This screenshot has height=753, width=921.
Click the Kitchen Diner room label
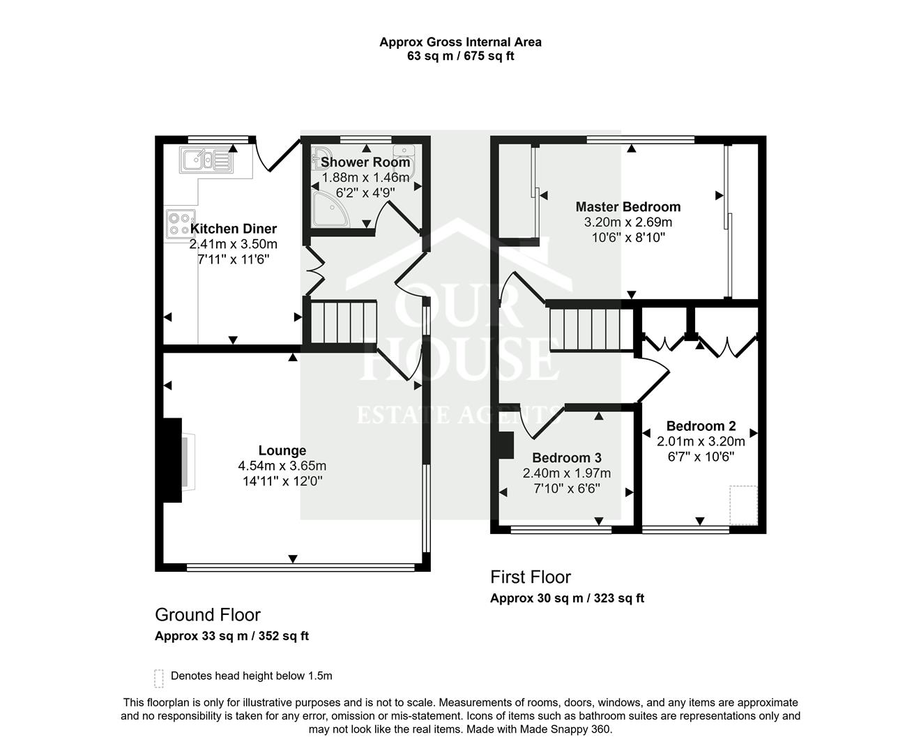tap(234, 229)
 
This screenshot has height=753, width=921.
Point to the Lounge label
tap(282, 450)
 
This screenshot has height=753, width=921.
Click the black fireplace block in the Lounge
tap(172, 459)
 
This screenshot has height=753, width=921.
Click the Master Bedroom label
tap(627, 206)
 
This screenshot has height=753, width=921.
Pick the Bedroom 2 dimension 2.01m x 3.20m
tap(701, 441)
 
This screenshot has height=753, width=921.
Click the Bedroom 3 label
tap(566, 457)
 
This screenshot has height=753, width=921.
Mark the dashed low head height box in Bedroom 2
tap(743, 505)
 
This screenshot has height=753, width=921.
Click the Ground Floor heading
tap(207, 615)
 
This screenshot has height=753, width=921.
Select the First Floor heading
tap(530, 577)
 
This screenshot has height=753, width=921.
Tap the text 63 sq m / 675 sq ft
tap(460, 56)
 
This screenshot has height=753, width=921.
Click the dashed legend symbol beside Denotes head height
tap(159, 678)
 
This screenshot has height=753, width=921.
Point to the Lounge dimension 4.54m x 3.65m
tap(282, 466)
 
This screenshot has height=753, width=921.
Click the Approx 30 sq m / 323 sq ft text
tap(567, 598)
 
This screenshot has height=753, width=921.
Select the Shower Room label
tap(365, 162)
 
